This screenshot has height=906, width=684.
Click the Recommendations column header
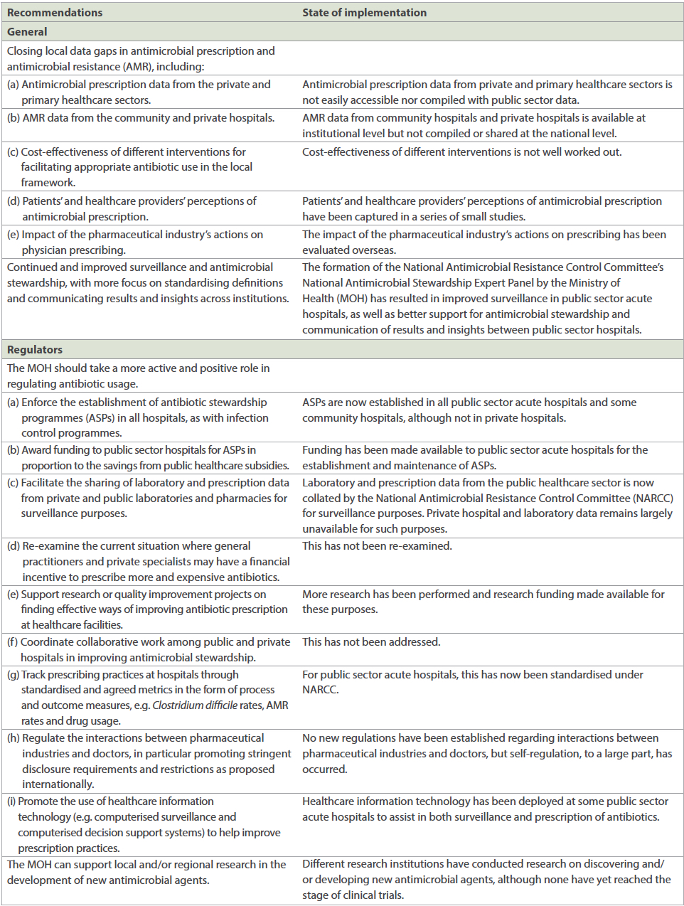pos(55,12)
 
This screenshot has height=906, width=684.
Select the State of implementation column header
pos(364,12)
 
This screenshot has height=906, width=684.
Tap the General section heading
pos(27,32)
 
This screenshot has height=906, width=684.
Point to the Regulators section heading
pos(35,349)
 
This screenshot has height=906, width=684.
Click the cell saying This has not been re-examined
pos(377,546)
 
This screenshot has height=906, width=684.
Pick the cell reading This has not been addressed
pos(371,642)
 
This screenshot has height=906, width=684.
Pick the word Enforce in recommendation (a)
pos(41,403)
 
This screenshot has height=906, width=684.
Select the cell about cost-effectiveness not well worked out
pos(461,152)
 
